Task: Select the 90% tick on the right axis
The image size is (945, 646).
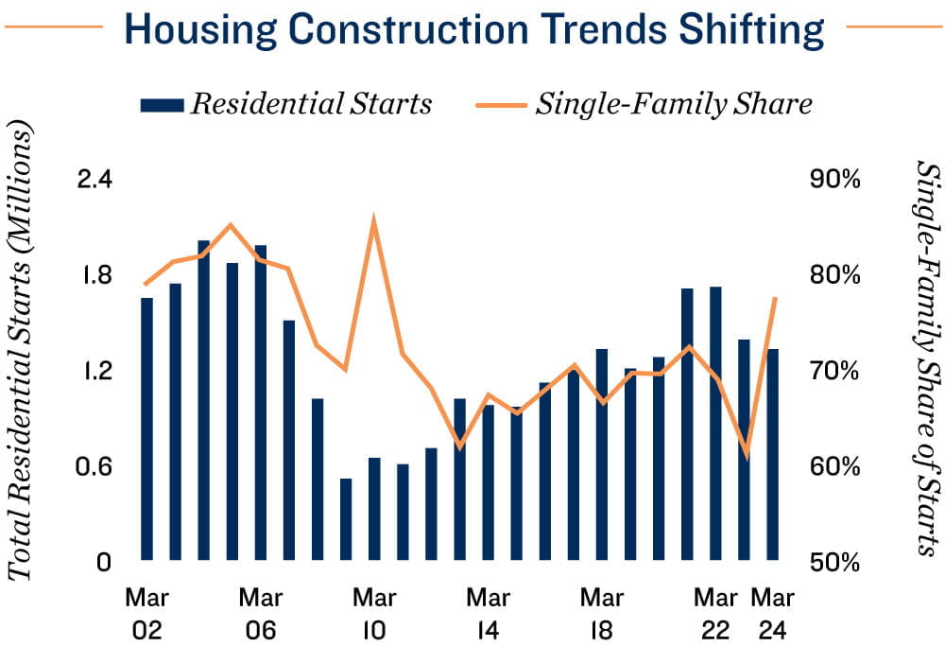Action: [x=833, y=179]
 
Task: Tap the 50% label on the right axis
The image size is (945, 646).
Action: [x=833, y=563]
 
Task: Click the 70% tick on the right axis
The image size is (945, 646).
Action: [x=833, y=371]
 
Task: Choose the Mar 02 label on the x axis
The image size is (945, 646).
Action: [x=146, y=614]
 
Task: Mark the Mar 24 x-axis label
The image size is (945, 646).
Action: [x=773, y=614]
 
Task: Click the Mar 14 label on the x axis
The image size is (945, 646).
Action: [x=489, y=614]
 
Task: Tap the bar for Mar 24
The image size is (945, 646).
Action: [x=773, y=454]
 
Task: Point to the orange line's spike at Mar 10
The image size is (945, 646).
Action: [x=374, y=220]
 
